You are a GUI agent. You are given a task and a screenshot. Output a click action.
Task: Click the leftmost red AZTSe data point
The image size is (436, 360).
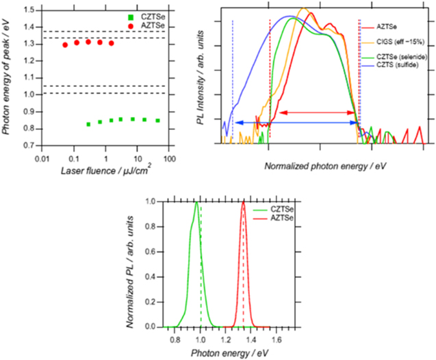tap(65, 45)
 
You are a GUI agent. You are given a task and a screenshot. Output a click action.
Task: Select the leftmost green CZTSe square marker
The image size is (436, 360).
tap(88, 124)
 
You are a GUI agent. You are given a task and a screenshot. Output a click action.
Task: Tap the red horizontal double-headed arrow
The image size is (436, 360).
tap(314, 112)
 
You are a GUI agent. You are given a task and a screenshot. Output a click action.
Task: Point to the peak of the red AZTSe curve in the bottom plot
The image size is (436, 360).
tap(242, 202)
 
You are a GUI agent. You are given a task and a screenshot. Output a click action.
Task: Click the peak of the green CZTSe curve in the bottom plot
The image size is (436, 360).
tap(196, 202)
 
